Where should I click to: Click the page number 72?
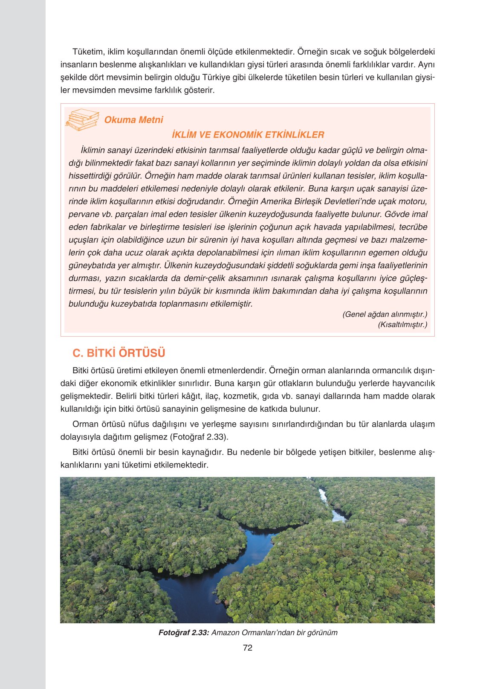(247, 648)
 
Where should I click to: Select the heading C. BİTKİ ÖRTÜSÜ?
(119, 353)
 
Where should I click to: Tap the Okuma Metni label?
(133, 120)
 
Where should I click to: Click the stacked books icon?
(82, 120)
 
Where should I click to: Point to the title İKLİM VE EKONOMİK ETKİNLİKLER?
(248, 135)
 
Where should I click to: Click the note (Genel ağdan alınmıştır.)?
(385, 314)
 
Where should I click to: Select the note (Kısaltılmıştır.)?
(402, 325)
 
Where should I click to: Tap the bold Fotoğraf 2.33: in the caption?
(183, 633)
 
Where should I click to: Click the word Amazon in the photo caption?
(226, 633)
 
